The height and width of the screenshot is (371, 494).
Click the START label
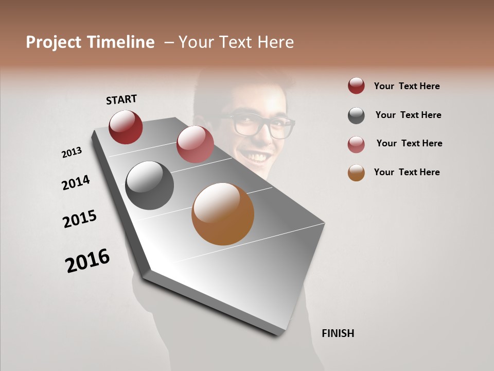point(121,99)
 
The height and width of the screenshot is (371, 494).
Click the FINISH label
point(338,333)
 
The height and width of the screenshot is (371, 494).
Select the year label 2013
point(72,153)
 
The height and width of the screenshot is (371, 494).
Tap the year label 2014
point(76,183)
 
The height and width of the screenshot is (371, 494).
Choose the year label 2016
point(87,261)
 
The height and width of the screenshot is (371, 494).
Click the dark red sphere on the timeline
point(126,127)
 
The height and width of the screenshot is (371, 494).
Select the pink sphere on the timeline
point(195,144)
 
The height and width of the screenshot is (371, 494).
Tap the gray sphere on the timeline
point(149,185)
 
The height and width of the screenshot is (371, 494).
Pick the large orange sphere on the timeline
point(223,214)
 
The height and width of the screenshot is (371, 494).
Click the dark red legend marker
point(356,86)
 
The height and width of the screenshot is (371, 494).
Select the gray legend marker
point(356,115)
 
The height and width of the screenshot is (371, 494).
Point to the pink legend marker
point(356,144)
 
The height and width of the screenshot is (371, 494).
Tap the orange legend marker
point(356,173)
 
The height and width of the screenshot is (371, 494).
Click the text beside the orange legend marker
point(407,172)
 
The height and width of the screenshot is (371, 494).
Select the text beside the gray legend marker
point(408,115)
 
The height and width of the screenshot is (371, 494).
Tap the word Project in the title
point(54,43)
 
